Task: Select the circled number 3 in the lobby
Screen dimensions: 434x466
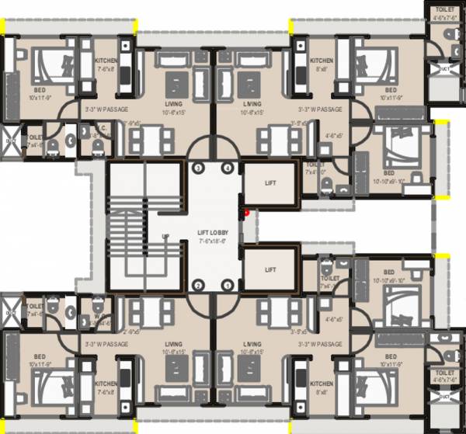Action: [x=198, y=168]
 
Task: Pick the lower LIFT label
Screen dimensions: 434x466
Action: [x=270, y=269]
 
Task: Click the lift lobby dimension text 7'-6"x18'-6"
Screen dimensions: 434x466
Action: [x=212, y=241]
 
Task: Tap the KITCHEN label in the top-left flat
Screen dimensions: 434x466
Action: [x=106, y=61]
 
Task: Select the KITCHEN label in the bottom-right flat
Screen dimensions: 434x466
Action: [x=321, y=384]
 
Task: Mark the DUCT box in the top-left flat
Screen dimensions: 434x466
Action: [x=11, y=144]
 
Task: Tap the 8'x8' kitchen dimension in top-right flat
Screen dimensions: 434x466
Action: [x=321, y=69]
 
